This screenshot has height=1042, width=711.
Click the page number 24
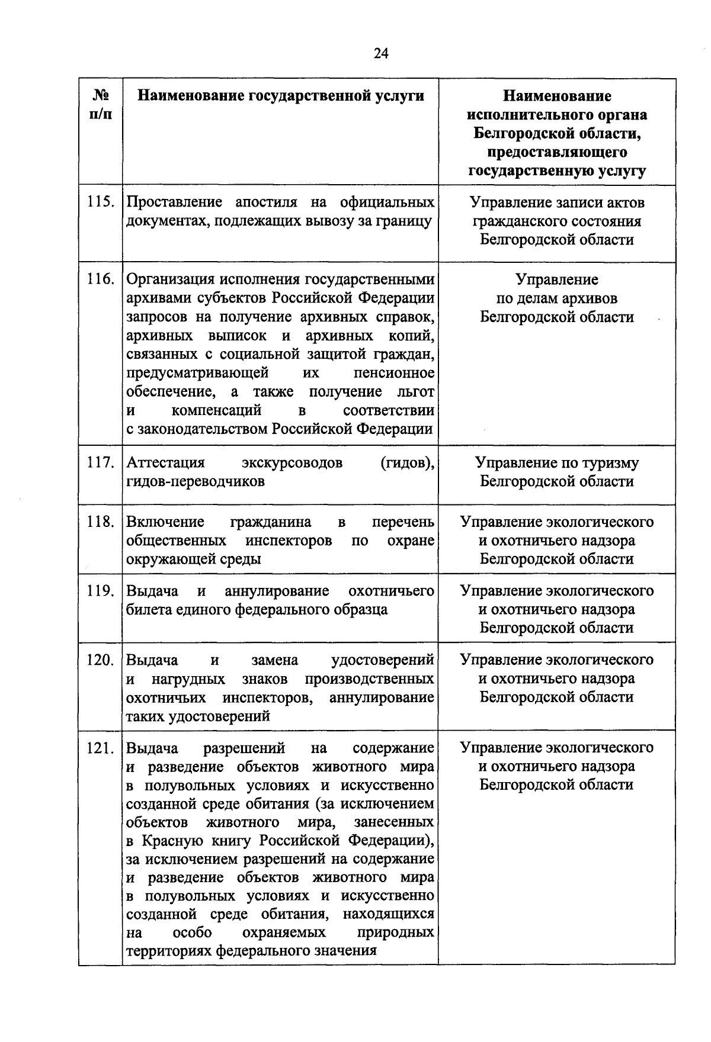381,54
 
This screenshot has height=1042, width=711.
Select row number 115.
100,202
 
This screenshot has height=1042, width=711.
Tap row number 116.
100,279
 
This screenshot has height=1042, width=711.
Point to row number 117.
100,462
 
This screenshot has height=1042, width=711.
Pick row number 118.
100,522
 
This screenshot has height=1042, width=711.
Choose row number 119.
100,591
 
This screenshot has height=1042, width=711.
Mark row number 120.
100,660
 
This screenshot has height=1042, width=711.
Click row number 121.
100,748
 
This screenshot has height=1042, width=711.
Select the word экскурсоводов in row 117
292,462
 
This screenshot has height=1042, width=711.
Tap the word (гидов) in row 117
407,462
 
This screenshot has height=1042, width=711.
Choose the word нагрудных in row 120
188,678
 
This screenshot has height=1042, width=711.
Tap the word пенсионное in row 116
393,373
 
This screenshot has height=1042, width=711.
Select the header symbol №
100,95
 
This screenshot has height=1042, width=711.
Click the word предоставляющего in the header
557,152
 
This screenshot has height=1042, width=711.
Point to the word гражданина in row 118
270,522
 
